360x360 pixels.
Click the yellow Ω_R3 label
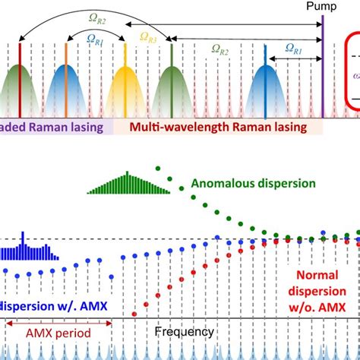[x=149, y=37]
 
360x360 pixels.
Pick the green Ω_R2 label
[x=220, y=51]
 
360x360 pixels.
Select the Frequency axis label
[x=185, y=332]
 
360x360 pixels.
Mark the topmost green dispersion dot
[x=156, y=168]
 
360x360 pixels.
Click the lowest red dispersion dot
[x=135, y=311]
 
